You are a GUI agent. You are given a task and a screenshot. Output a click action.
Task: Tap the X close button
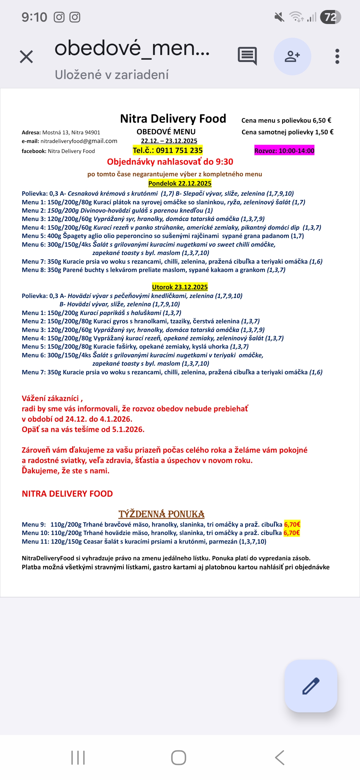[x=26, y=57]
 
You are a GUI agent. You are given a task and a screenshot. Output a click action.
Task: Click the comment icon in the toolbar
[x=247, y=56]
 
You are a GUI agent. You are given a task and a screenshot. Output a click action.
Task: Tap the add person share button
[x=292, y=56]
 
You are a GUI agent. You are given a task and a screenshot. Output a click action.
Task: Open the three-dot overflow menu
[x=337, y=56]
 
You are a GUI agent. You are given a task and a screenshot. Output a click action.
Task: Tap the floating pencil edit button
[x=311, y=686]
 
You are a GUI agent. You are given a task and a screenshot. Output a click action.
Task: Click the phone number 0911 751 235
[x=179, y=150]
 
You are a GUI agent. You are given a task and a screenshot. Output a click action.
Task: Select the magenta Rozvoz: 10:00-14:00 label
[x=284, y=151]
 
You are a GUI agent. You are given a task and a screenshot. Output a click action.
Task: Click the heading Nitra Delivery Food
[x=173, y=119]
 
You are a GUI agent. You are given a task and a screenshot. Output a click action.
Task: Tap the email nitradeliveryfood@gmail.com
[x=79, y=141]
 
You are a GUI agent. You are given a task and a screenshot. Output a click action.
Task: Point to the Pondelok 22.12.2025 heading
[x=180, y=183]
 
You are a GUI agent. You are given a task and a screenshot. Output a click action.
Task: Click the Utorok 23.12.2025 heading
[x=180, y=287]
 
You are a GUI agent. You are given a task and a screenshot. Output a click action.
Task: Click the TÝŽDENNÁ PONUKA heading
[x=161, y=514]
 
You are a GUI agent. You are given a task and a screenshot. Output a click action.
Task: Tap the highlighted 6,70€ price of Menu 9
[x=292, y=524]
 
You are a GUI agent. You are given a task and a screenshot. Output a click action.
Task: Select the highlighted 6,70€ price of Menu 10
[x=292, y=533]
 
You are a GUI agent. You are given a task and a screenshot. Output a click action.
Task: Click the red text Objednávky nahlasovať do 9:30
[x=170, y=162]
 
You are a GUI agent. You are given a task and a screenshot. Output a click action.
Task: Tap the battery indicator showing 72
[x=330, y=17]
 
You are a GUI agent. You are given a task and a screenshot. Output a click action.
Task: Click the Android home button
[x=179, y=757]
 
